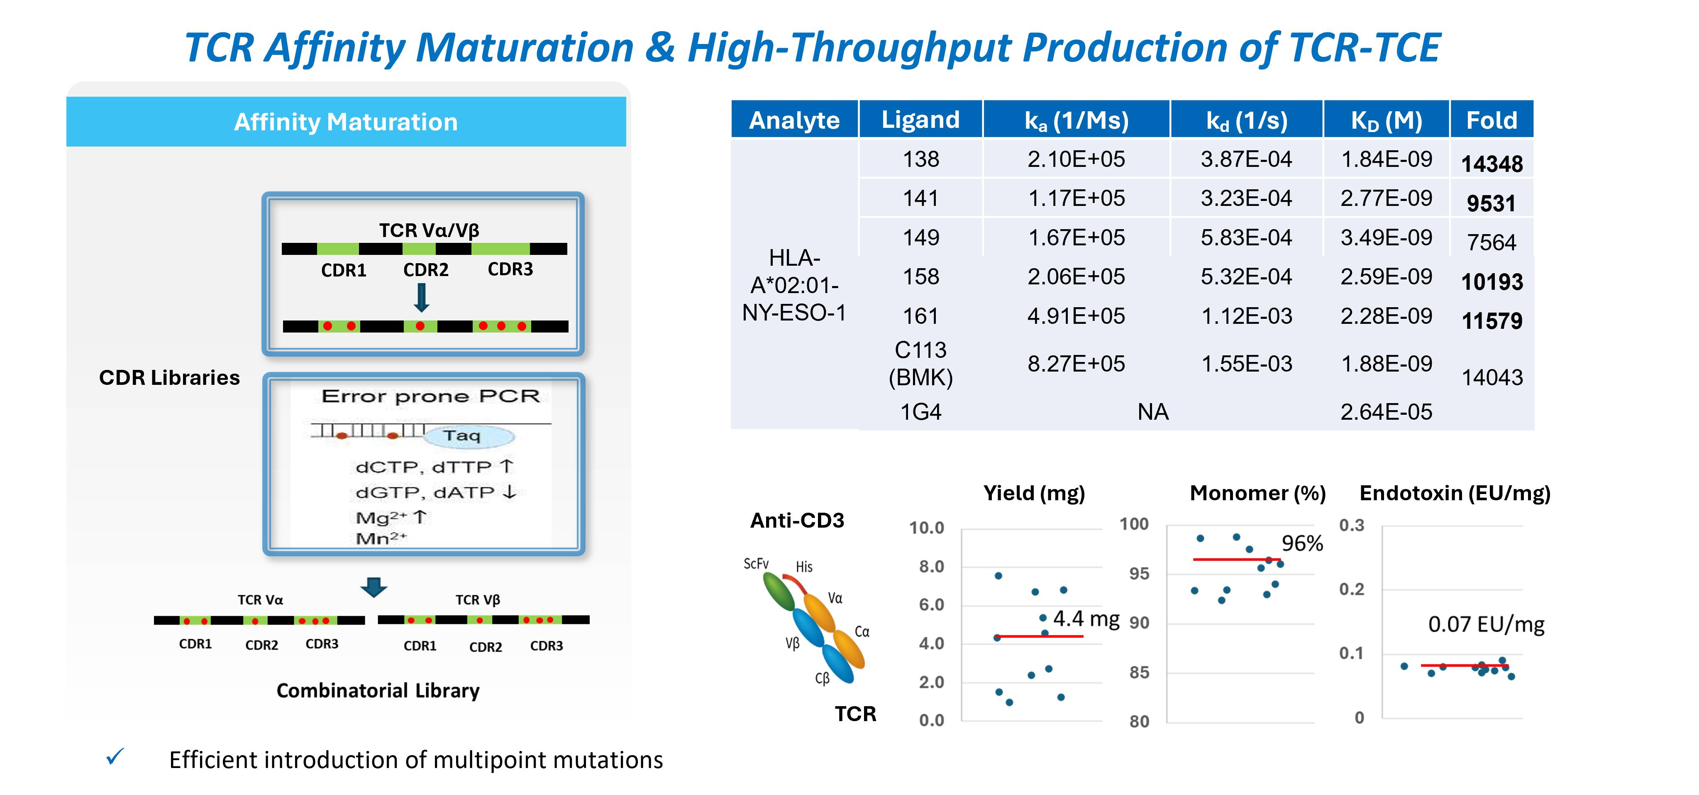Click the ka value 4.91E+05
[x=1076, y=316]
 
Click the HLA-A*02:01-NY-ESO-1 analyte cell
[x=794, y=285]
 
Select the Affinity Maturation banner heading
[x=346, y=122]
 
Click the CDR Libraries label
[x=169, y=377]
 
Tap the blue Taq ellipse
[x=468, y=436]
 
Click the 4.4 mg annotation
[x=1086, y=619]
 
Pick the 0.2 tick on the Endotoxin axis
[x=1351, y=589]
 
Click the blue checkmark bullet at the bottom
[x=115, y=757]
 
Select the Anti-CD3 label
[x=797, y=521]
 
